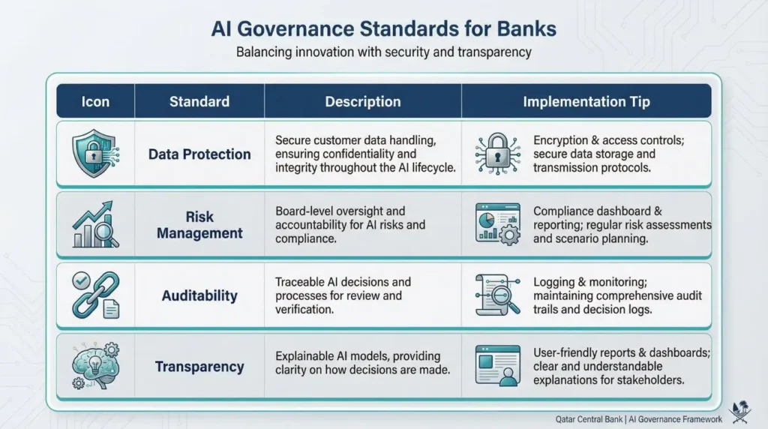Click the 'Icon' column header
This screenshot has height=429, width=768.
click(95, 101)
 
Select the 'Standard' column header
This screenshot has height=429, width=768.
click(199, 101)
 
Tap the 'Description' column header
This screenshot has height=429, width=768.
click(363, 101)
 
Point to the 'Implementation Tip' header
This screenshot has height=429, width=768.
click(586, 101)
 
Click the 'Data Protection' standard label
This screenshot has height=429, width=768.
click(199, 154)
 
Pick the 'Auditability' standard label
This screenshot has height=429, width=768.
click(199, 295)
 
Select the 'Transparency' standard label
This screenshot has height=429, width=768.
click(199, 367)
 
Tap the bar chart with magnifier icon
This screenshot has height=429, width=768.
click(94, 225)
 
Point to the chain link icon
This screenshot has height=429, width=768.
click(94, 295)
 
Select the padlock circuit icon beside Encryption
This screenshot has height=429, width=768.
click(497, 154)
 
